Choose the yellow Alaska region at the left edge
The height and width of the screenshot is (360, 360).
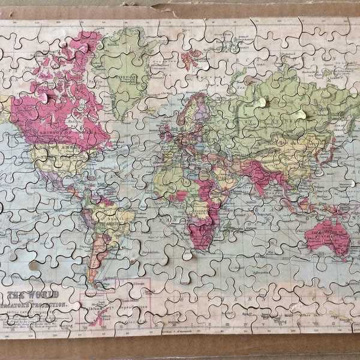point(5,108)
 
